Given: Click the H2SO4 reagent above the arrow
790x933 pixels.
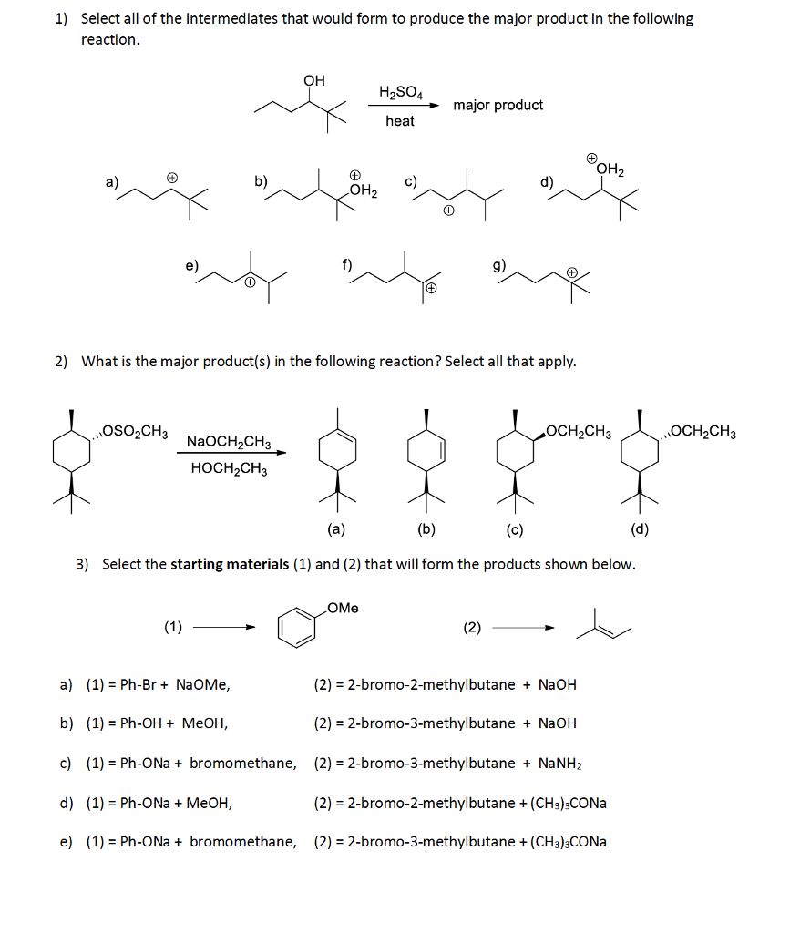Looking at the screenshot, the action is [x=401, y=92].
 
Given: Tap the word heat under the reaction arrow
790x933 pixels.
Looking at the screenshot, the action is [x=400, y=121].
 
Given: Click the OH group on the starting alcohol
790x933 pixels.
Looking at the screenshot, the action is [x=314, y=80].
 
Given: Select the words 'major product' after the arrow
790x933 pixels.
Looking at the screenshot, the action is [x=498, y=106].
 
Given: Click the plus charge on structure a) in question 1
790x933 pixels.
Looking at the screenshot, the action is [x=172, y=178].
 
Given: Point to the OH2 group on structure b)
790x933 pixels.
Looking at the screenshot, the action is [x=363, y=190].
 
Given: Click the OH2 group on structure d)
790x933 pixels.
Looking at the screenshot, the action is [x=610, y=169].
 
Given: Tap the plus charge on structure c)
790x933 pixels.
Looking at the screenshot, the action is [x=449, y=210].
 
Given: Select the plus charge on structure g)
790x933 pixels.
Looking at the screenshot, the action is [x=571, y=272].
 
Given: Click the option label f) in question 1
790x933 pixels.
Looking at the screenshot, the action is [x=347, y=264].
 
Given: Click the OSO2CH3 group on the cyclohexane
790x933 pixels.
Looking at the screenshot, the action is [x=135, y=431].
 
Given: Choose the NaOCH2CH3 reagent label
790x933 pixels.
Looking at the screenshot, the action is [x=229, y=442].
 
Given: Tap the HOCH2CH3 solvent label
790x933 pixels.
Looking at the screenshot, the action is [x=229, y=469].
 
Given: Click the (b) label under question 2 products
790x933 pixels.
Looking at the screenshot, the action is [x=426, y=529].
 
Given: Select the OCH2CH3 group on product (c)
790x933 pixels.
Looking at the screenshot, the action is [x=579, y=431].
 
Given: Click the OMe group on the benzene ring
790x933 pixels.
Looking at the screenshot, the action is [x=343, y=608].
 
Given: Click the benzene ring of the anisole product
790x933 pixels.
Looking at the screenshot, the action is [x=296, y=628].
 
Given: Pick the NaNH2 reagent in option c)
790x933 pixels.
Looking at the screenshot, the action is [x=559, y=764].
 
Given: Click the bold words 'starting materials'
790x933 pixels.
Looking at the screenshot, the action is [x=230, y=564].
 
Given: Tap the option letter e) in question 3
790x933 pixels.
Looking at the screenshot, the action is [x=66, y=842].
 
